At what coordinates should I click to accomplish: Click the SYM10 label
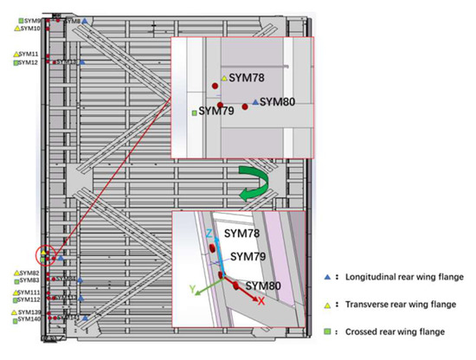[x=30, y=29]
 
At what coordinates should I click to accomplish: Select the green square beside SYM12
[x=16, y=62]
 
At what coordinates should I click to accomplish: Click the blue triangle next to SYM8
[x=84, y=20]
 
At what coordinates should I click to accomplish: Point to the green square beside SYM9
[x=16, y=20]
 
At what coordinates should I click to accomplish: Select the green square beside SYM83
[x=16, y=280]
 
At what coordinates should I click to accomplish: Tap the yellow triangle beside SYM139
[x=15, y=312]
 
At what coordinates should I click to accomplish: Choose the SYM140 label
[x=30, y=319]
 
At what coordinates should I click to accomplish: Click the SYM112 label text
[x=30, y=300]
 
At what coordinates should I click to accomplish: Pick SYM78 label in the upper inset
[x=247, y=79]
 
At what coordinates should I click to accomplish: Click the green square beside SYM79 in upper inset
[x=195, y=112]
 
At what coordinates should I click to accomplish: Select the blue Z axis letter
[x=210, y=235]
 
